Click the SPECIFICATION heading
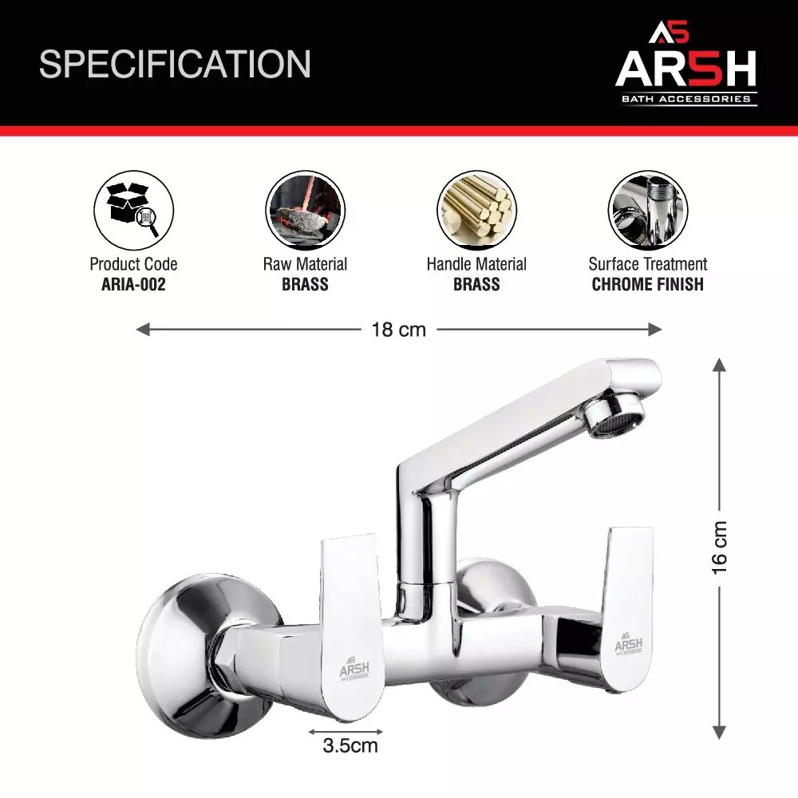pyautogui.click(x=175, y=64)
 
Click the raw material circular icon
pyautogui.click(x=305, y=209)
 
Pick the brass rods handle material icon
pyautogui.click(x=476, y=209)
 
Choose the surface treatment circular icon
pyautogui.click(x=647, y=209)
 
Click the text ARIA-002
pyautogui.click(x=133, y=285)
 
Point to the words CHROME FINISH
pyautogui.click(x=648, y=285)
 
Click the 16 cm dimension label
pyautogui.click(x=721, y=547)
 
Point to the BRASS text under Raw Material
pyautogui.click(x=305, y=285)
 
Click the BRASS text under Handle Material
pyautogui.click(x=476, y=285)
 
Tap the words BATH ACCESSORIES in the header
pyautogui.click(x=685, y=99)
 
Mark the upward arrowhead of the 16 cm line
pyautogui.click(x=719, y=365)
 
